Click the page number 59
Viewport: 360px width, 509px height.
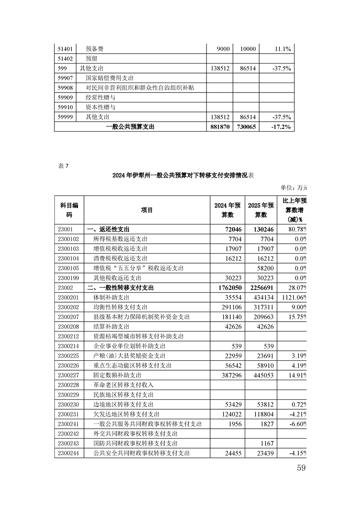click(301, 468)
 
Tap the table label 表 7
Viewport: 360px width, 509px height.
click(63, 165)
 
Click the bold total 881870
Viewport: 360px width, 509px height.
click(220, 127)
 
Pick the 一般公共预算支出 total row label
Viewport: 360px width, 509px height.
click(130, 127)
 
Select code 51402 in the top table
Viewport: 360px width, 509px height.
click(65, 59)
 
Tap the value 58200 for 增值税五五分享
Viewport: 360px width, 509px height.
click(263, 268)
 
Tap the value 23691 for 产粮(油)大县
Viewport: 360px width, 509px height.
click(263, 356)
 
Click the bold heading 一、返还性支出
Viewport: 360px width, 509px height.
click(111, 229)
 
